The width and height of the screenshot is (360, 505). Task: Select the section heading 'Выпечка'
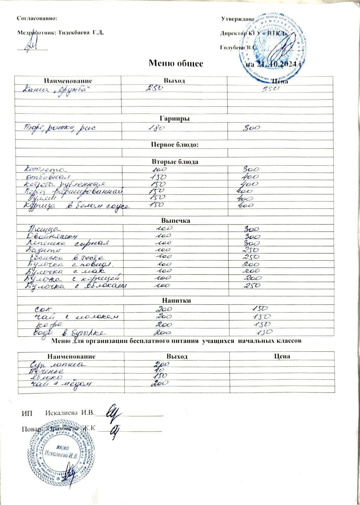tap(176, 220)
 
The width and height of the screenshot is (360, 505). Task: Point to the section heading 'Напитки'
tap(176, 300)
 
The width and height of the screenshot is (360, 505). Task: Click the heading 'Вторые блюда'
tap(175, 162)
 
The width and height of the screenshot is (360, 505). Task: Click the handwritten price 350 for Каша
tap(270, 89)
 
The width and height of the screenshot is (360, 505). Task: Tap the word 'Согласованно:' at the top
tap(37, 18)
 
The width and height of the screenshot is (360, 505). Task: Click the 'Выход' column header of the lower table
tap(177, 356)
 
